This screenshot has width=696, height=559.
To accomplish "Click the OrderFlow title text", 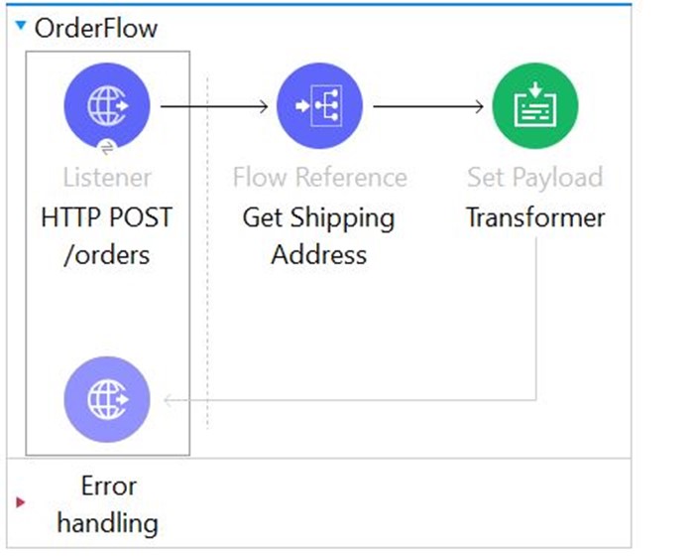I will click(x=95, y=28).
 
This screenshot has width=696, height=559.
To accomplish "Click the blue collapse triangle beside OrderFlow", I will click(x=22, y=26).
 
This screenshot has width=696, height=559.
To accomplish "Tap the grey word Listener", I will click(x=107, y=178).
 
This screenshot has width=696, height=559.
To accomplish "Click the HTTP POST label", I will click(x=106, y=217).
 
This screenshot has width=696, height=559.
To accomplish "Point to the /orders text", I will click(x=106, y=254).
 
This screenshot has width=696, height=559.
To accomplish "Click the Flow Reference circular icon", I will click(x=319, y=104).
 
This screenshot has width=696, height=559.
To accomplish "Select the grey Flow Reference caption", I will click(x=319, y=178).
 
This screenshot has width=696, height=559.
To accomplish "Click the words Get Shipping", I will click(x=318, y=217).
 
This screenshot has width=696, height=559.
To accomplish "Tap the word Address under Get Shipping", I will click(x=319, y=254).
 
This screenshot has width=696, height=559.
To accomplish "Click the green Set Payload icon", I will click(x=535, y=104).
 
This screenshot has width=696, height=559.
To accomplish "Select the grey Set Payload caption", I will click(x=535, y=178).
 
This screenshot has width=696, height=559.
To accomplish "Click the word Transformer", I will click(x=535, y=217).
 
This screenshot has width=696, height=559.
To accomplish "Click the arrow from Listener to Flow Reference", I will click(x=214, y=105).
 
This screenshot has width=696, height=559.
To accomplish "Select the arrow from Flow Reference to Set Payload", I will click(x=429, y=105).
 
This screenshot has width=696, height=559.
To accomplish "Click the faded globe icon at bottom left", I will click(x=106, y=399).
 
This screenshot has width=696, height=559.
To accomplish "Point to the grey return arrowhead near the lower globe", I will click(x=170, y=400).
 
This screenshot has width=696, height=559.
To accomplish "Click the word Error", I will click(x=108, y=486).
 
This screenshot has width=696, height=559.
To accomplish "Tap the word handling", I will click(x=107, y=521).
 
